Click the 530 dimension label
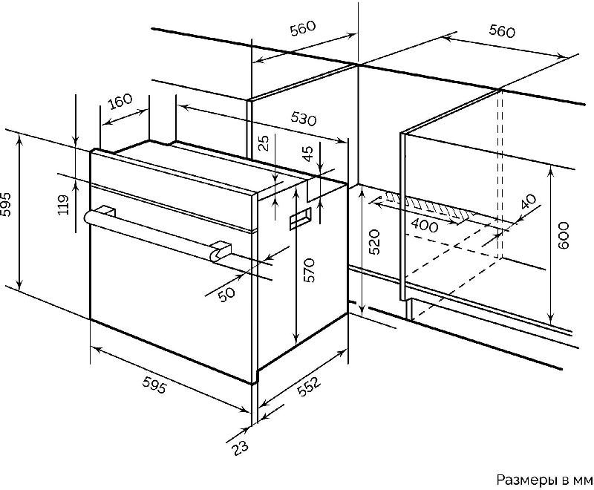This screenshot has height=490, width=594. [304, 119]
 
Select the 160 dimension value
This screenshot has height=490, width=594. [120, 101]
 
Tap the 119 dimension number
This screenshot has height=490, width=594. [64, 204]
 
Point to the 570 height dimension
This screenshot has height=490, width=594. [310, 270]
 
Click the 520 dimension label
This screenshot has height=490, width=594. [374, 242]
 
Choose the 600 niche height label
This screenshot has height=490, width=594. [564, 235]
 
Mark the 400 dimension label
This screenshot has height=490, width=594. [424, 226]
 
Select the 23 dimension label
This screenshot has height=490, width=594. [240, 448]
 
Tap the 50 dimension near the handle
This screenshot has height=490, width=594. [227, 293]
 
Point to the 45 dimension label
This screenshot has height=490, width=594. [309, 154]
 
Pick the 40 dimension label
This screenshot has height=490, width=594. [529, 201]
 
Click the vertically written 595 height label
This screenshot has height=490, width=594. [6, 204]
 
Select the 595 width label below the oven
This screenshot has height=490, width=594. [154, 386]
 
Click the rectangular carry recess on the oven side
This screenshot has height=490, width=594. [301, 218]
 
